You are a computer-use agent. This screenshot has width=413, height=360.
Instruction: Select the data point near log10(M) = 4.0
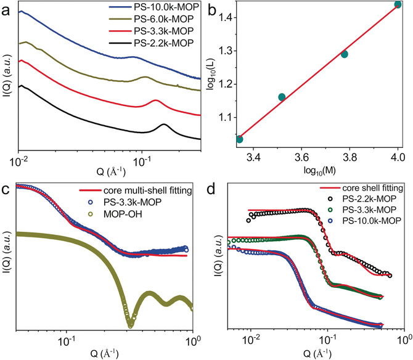point(398,5)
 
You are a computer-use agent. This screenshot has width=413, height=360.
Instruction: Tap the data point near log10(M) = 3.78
point(345,54)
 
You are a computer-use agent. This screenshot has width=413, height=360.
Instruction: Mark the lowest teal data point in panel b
point(239,139)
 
